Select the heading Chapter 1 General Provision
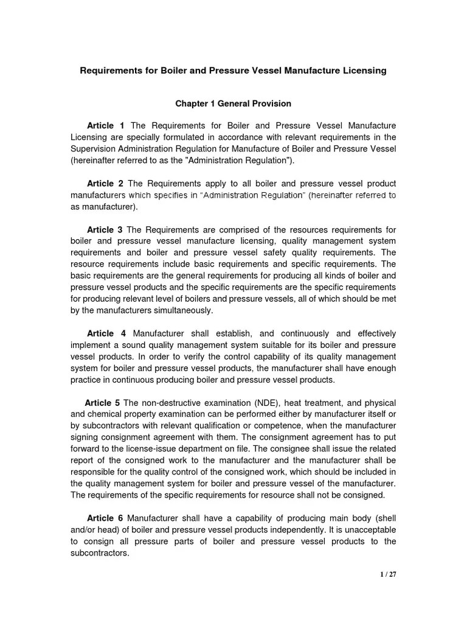click(233, 104)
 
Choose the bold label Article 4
click(106, 333)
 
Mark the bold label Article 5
click(103, 403)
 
